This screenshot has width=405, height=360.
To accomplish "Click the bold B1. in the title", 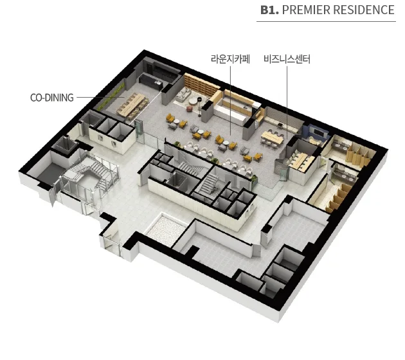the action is coord(269,10).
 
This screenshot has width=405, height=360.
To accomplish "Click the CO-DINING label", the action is coord(52,98).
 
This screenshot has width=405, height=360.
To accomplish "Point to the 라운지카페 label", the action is coord(230,59).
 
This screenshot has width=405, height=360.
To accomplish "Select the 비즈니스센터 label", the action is coord(287,59).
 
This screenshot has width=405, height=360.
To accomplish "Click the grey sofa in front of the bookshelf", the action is coord(183,94).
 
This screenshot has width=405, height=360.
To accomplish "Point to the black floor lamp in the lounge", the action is coord(200,107).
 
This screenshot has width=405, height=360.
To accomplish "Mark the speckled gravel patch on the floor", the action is coord(166,230).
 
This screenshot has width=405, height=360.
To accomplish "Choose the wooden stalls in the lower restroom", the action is coord(339,196).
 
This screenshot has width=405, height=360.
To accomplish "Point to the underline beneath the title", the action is coord(326,21).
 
